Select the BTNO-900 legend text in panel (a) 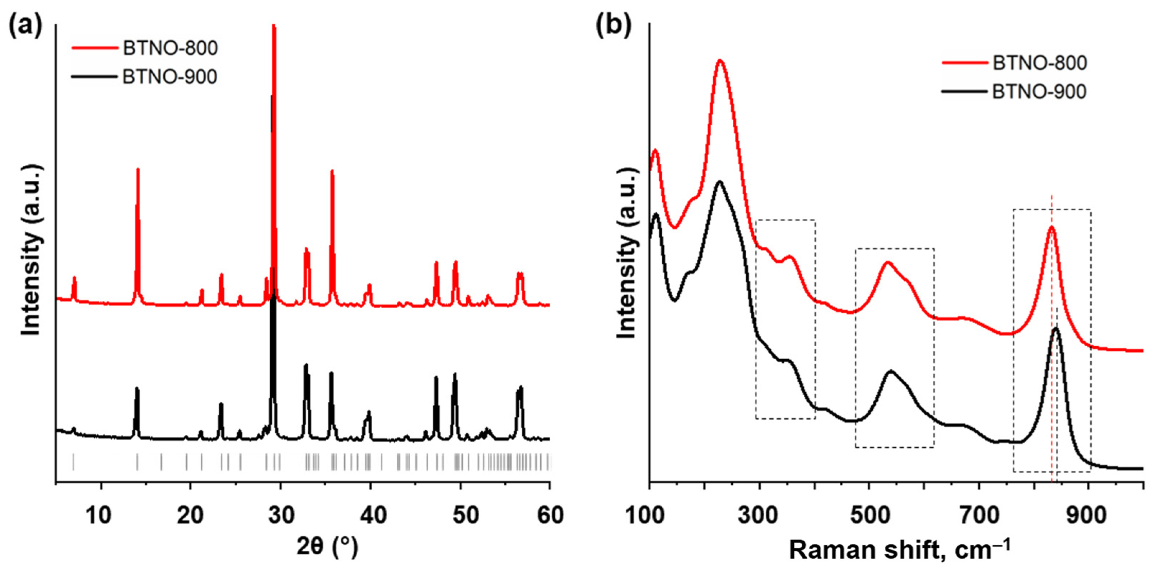(170, 77)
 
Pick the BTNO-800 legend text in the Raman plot (1039, 63)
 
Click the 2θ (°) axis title (327, 548)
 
